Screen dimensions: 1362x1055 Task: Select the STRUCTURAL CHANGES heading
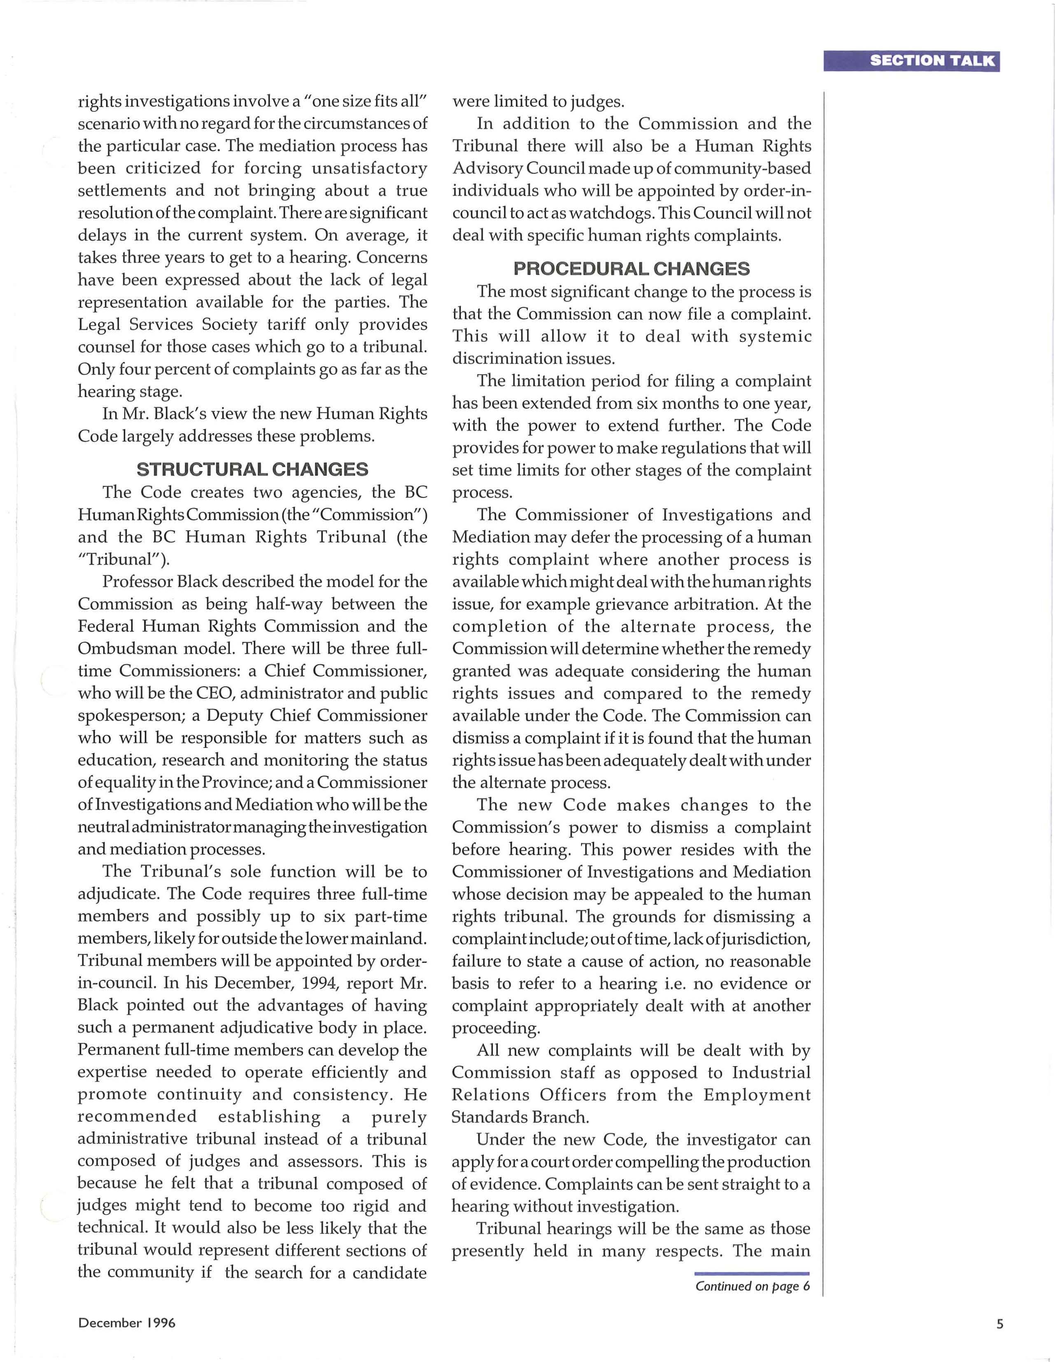pyautogui.click(x=252, y=469)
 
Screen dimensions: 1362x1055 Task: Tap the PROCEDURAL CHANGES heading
pyautogui.click(x=631, y=269)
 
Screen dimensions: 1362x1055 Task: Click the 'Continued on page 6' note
pyautogui.click(x=752, y=1286)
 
